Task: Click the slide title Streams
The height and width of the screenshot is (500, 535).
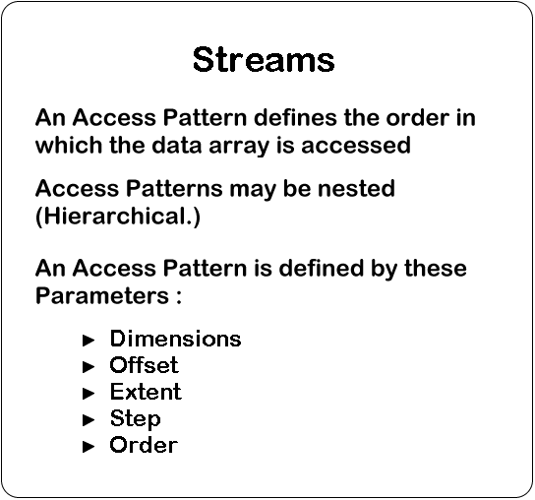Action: [x=264, y=59]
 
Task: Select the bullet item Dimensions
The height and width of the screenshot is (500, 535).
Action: [x=175, y=339]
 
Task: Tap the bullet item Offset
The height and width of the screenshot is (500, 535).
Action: [x=144, y=365]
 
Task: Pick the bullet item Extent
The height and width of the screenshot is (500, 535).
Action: [x=146, y=392]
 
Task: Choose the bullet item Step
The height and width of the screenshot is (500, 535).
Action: [x=135, y=419]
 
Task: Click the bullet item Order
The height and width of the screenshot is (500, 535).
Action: [x=144, y=445]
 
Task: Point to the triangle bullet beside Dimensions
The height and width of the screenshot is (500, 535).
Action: [x=89, y=341]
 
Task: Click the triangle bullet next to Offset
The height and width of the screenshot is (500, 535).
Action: [x=89, y=367]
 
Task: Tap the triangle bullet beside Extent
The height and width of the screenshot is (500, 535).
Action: [x=89, y=394]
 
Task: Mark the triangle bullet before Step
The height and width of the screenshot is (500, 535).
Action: [x=89, y=419]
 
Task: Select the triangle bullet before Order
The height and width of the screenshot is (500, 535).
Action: [x=89, y=447]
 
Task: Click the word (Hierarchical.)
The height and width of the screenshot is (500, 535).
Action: [x=118, y=217]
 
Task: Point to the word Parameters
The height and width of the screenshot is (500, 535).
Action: [x=102, y=295]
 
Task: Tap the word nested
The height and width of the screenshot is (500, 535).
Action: [x=356, y=188]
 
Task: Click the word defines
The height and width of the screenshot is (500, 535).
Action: [x=295, y=117]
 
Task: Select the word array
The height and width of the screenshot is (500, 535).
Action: [x=239, y=147]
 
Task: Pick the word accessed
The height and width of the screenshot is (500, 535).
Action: [x=356, y=146]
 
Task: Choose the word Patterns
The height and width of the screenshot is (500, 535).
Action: [x=174, y=188]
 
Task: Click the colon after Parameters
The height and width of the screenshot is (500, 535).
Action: [x=179, y=297]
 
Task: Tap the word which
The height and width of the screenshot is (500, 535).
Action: [x=69, y=146]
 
